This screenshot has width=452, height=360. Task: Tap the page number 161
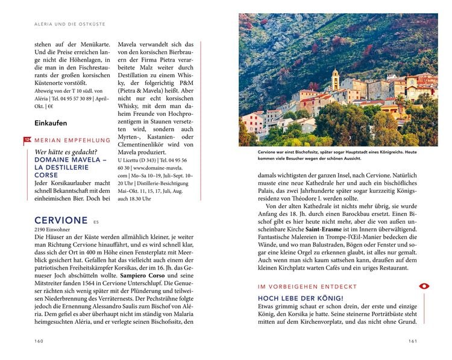click(413, 341)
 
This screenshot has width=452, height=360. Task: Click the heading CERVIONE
click(61, 220)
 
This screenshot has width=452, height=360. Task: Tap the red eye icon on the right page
click(424, 286)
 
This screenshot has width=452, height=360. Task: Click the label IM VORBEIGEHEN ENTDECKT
click(307, 287)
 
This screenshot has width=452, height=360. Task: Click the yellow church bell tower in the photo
click(335, 79)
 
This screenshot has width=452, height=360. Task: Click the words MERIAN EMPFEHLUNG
click(69, 141)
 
